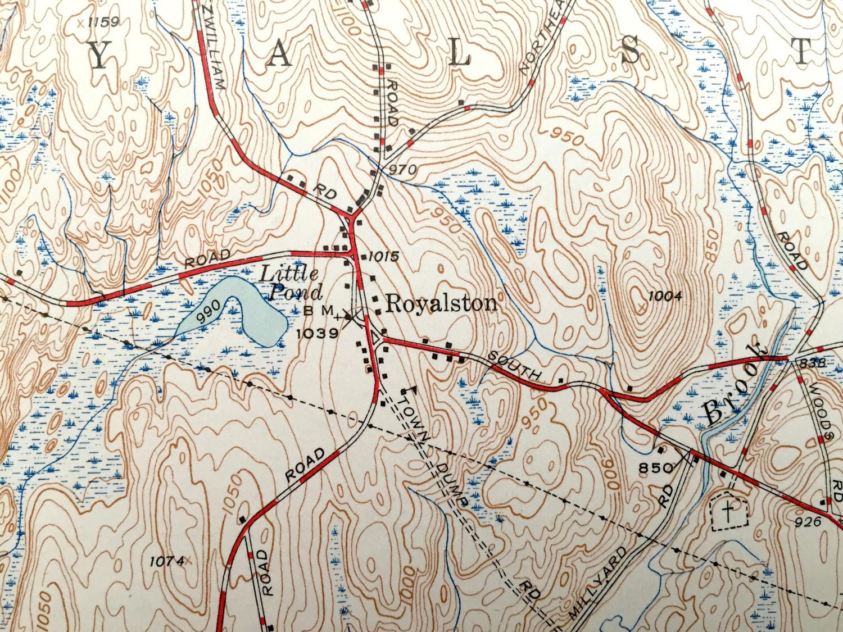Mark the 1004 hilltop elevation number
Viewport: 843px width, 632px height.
664,296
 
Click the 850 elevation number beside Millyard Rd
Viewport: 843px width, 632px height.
655,467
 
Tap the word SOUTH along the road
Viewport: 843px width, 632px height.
514,366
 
